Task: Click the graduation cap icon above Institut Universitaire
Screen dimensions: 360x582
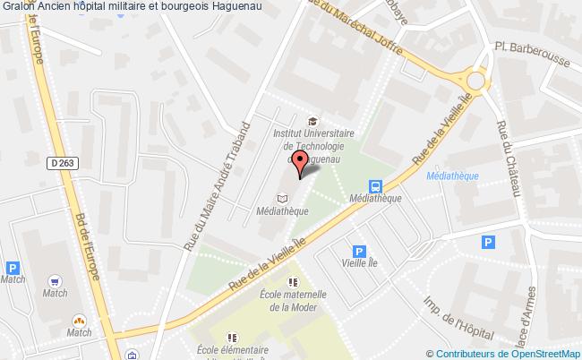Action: point(311,123)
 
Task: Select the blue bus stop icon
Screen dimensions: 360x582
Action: point(376,188)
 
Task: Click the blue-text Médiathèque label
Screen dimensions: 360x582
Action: point(453,176)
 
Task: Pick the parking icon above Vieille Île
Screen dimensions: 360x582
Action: point(359,253)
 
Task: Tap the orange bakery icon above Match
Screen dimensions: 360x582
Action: point(79,320)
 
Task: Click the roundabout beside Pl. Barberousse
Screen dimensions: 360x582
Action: point(475,81)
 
